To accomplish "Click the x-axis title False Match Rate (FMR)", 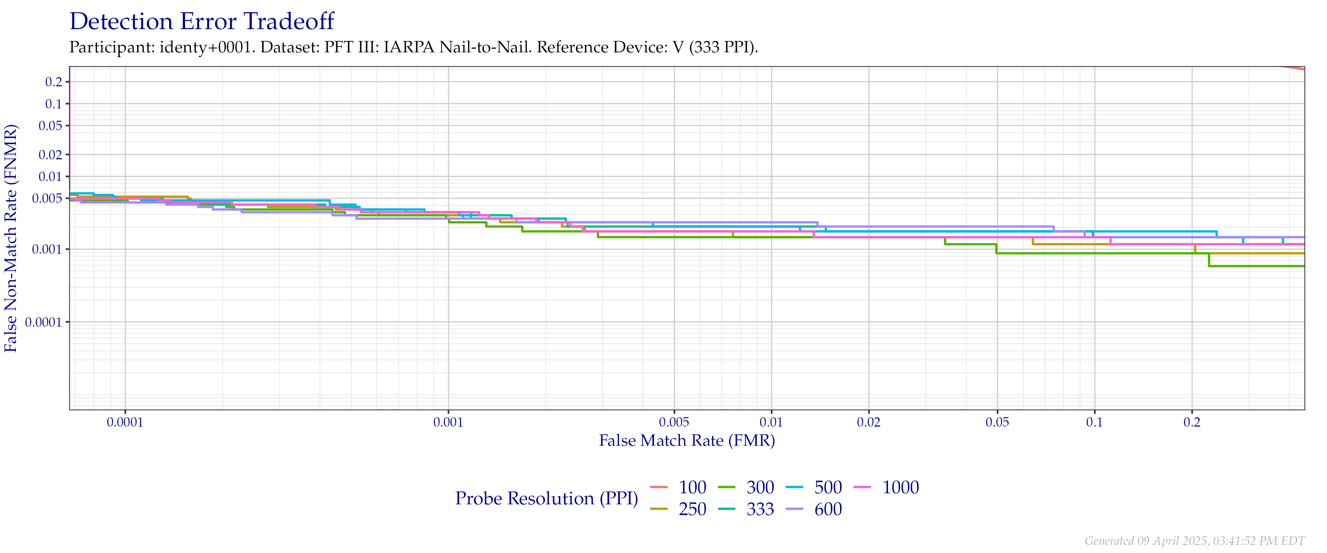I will [x=687, y=441].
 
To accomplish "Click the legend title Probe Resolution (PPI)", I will [x=547, y=498].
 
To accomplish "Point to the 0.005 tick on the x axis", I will [x=674, y=422].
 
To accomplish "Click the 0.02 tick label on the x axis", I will [x=868, y=422].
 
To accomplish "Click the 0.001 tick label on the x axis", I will [x=448, y=422].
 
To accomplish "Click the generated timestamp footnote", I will [x=1194, y=540].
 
